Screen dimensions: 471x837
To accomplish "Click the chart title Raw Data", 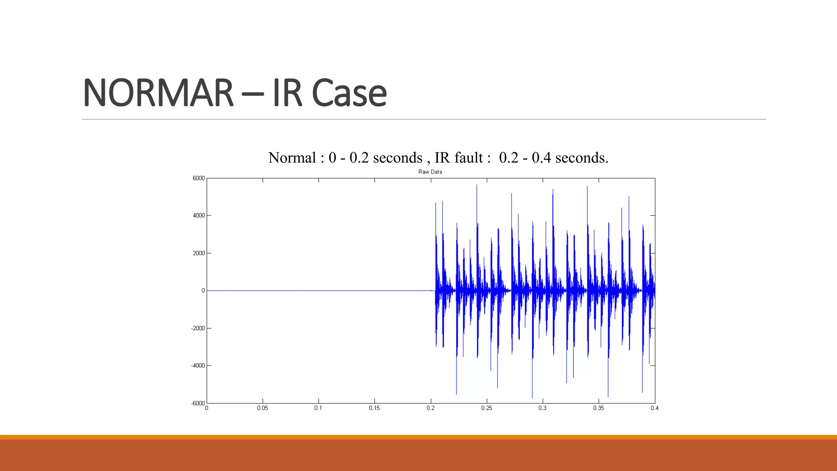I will click(x=430, y=172).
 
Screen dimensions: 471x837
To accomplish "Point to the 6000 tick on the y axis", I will click(x=199, y=178).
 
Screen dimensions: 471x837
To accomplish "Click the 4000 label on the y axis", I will click(x=199, y=215).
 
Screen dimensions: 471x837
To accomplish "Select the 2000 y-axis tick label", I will click(x=199, y=253).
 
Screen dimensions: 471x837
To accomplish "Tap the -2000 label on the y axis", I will click(x=198, y=328).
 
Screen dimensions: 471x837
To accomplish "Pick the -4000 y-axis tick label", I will click(x=198, y=366).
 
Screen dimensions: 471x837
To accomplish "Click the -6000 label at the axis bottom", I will click(x=198, y=403).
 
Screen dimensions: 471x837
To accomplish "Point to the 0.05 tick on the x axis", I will click(x=262, y=408).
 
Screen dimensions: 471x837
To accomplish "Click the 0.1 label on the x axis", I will click(x=318, y=408).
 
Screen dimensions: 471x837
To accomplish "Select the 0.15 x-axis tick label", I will click(x=374, y=408).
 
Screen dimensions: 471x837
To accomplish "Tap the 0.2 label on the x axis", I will click(x=430, y=408).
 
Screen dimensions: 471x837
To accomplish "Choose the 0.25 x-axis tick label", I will click(x=486, y=408).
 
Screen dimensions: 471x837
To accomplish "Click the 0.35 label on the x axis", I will click(x=598, y=408).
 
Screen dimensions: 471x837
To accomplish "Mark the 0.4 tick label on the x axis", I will click(x=654, y=408).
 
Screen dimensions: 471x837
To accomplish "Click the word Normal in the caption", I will click(x=292, y=158).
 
